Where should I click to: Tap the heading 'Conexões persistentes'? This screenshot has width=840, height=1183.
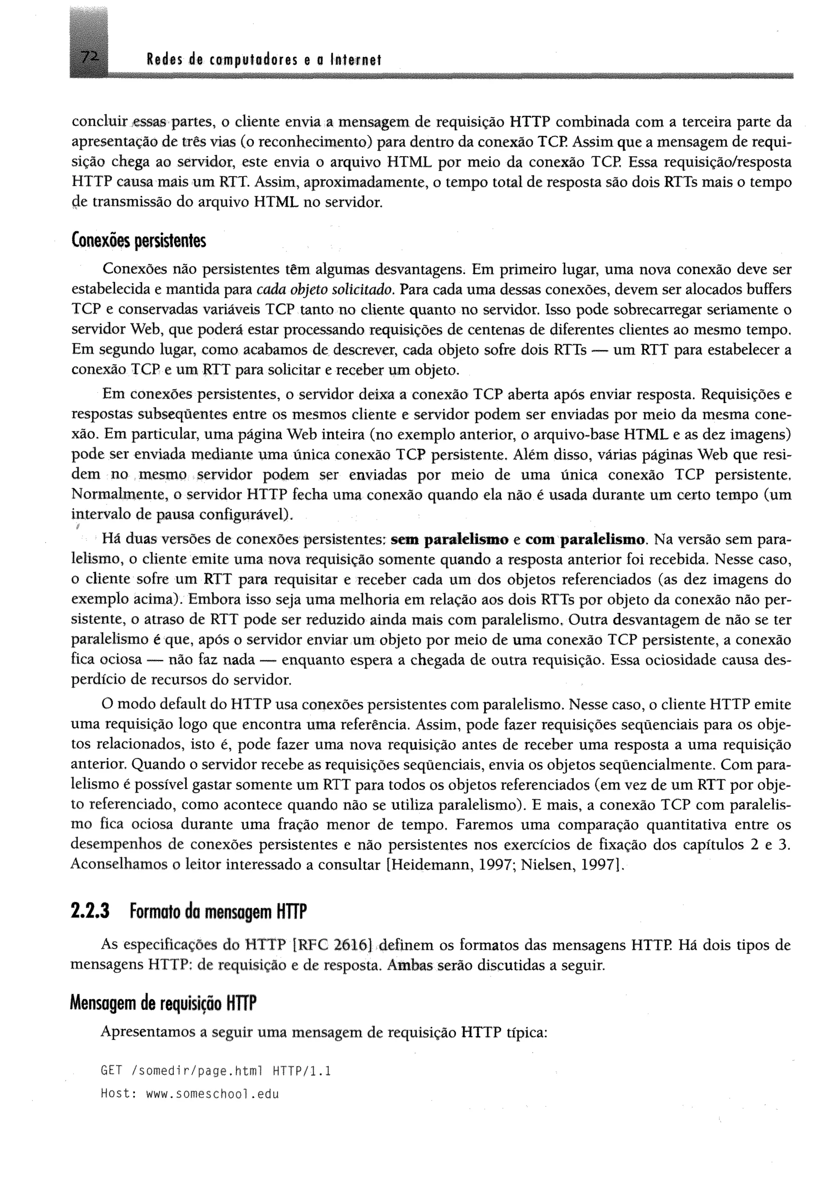pyautogui.click(x=138, y=242)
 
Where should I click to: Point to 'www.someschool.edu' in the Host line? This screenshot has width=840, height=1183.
pyautogui.click(x=212, y=1094)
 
